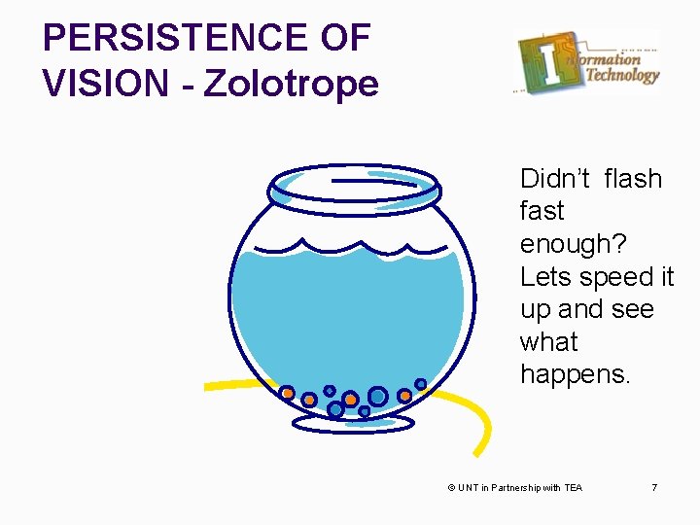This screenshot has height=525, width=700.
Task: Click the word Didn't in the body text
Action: [x=554, y=179]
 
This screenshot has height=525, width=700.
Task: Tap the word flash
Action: [x=632, y=179]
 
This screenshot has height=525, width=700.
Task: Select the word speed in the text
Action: [x=618, y=276]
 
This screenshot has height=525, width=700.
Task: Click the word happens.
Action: [x=576, y=373]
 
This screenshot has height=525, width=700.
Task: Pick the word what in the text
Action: [x=548, y=341]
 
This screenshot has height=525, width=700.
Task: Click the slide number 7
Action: [x=654, y=487]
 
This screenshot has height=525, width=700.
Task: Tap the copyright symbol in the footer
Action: [x=451, y=487]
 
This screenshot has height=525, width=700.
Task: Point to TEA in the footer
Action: [x=573, y=487]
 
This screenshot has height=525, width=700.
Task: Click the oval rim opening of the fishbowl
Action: [x=353, y=182]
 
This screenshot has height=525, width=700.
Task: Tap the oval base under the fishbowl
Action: [x=353, y=423]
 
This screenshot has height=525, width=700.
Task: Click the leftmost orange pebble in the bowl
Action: [x=287, y=393]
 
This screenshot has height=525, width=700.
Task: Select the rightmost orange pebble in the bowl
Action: [x=404, y=396]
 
